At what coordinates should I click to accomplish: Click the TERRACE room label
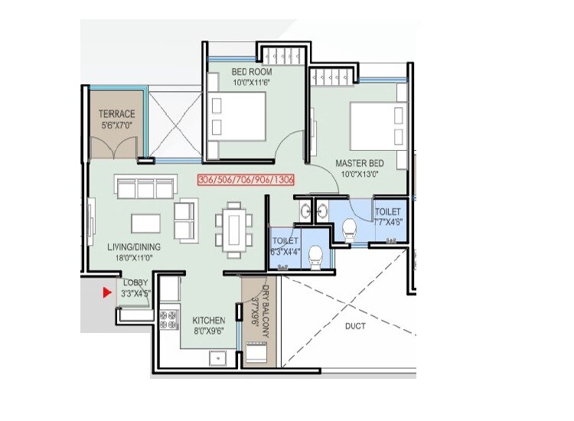(x=116, y=114)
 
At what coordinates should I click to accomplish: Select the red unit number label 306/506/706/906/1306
(x=246, y=180)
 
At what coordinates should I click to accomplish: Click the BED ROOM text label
(x=251, y=73)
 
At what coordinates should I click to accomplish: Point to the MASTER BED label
(x=359, y=163)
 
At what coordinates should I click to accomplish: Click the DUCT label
(x=354, y=326)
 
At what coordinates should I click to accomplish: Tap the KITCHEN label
(x=208, y=320)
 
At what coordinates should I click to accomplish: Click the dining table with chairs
(x=232, y=228)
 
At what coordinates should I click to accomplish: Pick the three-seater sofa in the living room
(x=142, y=186)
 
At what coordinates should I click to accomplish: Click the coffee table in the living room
(x=145, y=223)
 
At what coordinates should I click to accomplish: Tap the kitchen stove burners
(x=165, y=319)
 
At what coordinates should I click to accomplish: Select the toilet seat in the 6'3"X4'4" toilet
(x=315, y=262)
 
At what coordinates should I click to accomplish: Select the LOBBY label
(x=135, y=282)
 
